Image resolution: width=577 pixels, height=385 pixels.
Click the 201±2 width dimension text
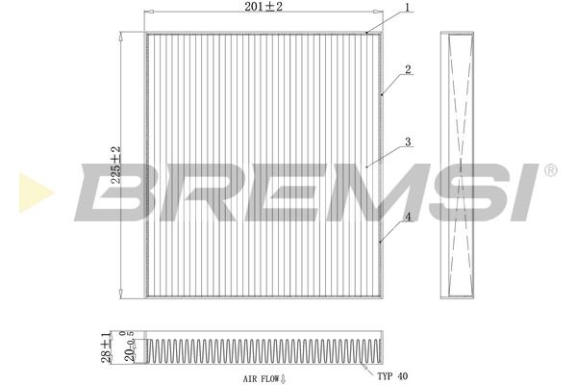(x=263, y=7)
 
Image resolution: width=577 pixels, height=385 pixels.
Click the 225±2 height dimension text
(x=116, y=165)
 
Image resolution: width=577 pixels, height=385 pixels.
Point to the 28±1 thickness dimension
(x=106, y=346)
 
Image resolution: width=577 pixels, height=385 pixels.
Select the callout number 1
(x=407, y=7)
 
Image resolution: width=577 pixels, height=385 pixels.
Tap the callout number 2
(x=408, y=69)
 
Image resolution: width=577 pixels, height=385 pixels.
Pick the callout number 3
(x=408, y=141)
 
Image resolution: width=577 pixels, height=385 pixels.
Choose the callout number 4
(x=408, y=217)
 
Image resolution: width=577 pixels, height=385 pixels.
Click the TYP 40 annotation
(x=392, y=376)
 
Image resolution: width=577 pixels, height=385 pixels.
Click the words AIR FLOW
(x=261, y=378)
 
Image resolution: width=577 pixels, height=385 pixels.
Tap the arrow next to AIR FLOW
(x=284, y=378)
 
